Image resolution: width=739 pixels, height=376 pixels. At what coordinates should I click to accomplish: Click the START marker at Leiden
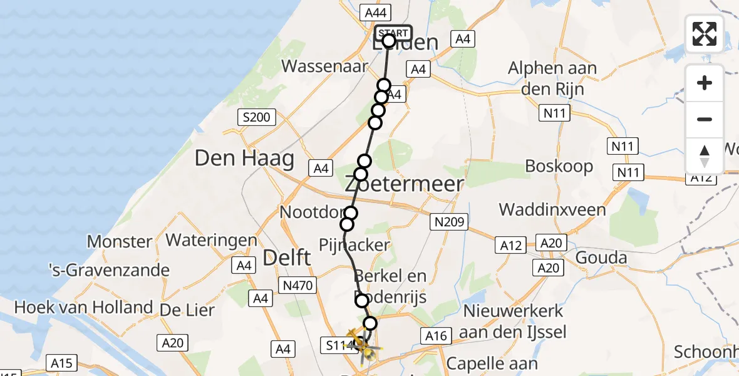[x=393, y=33]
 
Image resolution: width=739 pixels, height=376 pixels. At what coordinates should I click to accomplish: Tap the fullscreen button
[x=705, y=34]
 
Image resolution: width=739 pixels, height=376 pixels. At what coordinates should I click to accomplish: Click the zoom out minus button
[x=705, y=120]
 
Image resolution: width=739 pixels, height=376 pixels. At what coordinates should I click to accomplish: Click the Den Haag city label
[x=244, y=159]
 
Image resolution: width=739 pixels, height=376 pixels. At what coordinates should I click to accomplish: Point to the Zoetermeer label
[x=405, y=184]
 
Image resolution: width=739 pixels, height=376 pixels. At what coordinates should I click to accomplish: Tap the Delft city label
[x=287, y=256]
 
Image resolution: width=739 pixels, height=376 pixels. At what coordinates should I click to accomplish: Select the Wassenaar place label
[x=324, y=66]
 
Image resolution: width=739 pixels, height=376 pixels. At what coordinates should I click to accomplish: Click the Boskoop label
[x=559, y=167]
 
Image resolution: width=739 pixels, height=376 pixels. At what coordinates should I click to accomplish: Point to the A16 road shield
[x=436, y=336]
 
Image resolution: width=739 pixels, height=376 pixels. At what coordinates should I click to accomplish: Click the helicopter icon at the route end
[x=360, y=343]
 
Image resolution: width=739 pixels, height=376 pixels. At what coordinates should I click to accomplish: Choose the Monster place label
[x=120, y=241]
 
